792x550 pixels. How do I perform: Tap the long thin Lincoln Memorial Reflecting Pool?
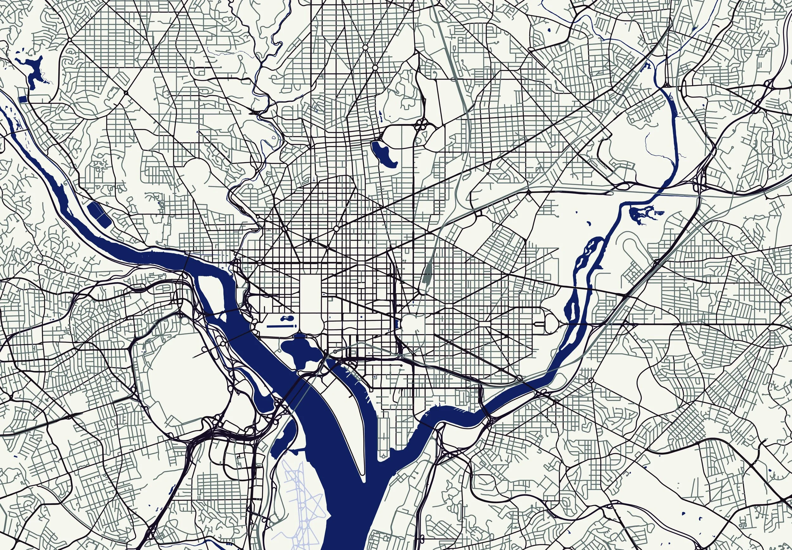pyautogui.click(x=280, y=325)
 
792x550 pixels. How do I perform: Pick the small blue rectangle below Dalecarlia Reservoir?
pyautogui.click(x=22, y=99)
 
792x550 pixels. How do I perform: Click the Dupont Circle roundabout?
pyautogui.click(x=284, y=229)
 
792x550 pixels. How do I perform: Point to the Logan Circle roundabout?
pyautogui.click(x=336, y=229)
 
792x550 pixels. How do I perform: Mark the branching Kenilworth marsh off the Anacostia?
pyautogui.click(x=639, y=214)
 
